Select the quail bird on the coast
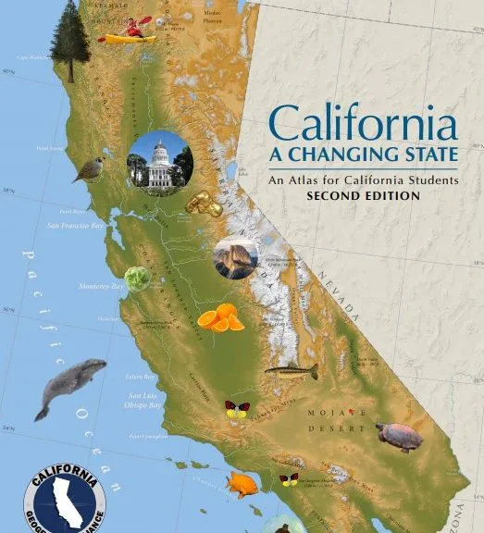[90, 169]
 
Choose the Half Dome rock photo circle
[235, 259]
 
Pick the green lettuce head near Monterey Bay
[138, 279]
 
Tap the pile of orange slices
[221, 317]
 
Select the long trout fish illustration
[292, 372]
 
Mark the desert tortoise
[399, 435]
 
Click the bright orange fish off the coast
[245, 484]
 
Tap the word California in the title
[362, 123]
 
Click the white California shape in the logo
[65, 502]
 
